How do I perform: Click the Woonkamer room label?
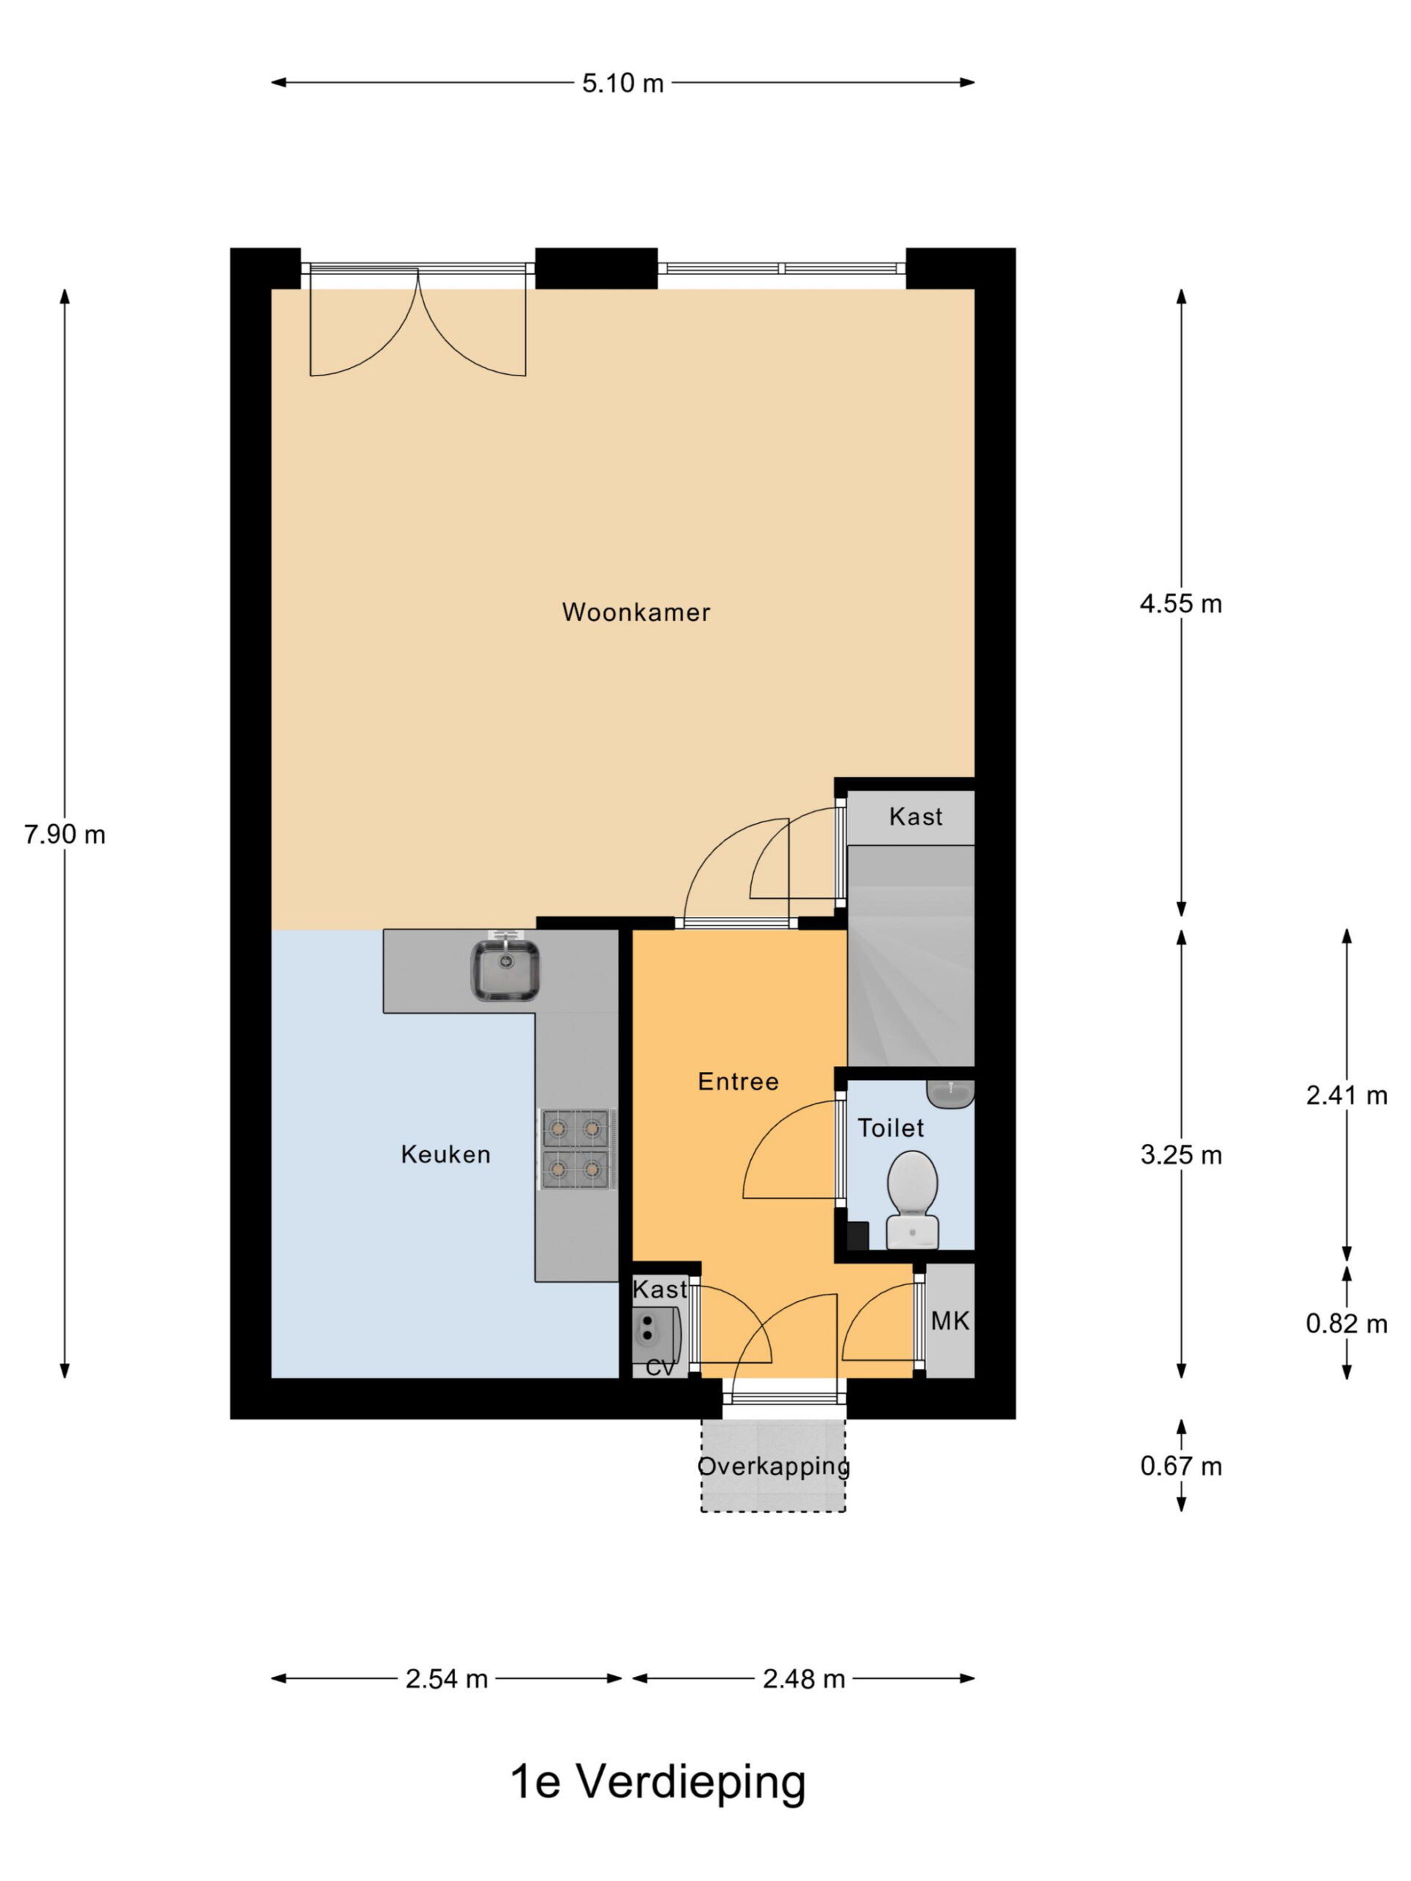(636, 612)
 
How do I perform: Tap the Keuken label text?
(445, 1155)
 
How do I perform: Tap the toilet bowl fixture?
(913, 1200)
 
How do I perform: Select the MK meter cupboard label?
(950, 1320)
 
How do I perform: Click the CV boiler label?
(661, 1368)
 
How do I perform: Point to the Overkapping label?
(773, 1466)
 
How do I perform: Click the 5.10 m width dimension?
(622, 83)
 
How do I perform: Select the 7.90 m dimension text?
(65, 835)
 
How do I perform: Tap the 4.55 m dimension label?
(1180, 604)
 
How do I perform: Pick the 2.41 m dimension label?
(1346, 1096)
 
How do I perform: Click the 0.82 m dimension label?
(1346, 1323)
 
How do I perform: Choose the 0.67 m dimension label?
(1180, 1466)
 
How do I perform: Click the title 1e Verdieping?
(658, 1783)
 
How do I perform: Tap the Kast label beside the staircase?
(916, 816)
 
